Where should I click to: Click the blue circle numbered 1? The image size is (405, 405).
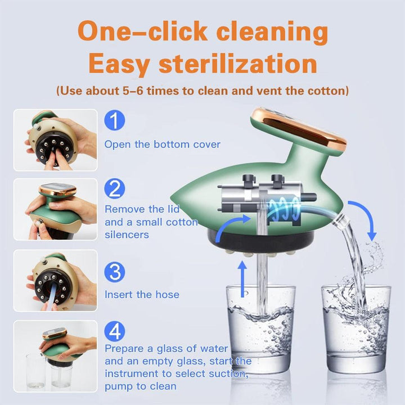pyautogui.click(x=114, y=120)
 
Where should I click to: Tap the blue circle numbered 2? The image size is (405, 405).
pyautogui.click(x=114, y=188)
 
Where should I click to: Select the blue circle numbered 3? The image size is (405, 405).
pyautogui.click(x=114, y=272)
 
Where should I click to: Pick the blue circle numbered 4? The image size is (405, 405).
pyautogui.click(x=114, y=331)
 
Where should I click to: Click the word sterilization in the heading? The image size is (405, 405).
pyautogui.click(x=238, y=64)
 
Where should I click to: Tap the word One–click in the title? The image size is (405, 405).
pyautogui.click(x=142, y=31)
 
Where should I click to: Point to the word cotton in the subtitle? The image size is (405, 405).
pyautogui.click(x=328, y=91)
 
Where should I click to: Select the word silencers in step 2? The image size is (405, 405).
pyautogui.click(x=127, y=235)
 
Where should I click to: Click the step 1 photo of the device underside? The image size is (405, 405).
pyautogui.click(x=56, y=140)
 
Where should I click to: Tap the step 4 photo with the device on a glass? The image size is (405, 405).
pyautogui.click(x=56, y=356)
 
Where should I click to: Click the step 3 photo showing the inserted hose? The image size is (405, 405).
pyautogui.click(x=56, y=281)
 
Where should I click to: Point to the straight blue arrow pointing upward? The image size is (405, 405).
pyautogui.click(x=242, y=279)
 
